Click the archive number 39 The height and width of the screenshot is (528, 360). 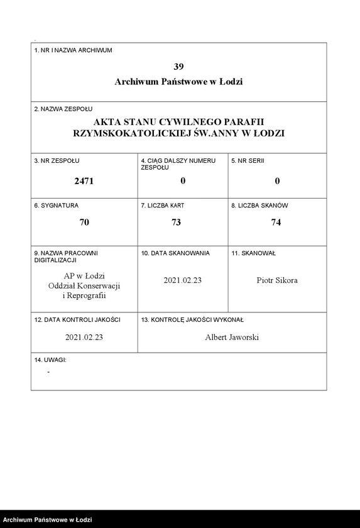coord(179,66)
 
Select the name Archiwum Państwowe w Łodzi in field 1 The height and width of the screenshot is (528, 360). coord(179,82)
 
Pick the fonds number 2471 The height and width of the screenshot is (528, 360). coord(84,181)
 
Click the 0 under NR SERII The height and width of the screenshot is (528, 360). coord(277,181)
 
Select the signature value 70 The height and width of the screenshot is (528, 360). coord(84,222)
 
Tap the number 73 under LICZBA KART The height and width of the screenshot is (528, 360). coord(182,222)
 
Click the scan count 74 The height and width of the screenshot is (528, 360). coord(277,222)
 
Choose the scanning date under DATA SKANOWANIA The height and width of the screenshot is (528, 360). coord(182,280)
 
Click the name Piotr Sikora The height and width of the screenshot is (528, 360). coord(277,280)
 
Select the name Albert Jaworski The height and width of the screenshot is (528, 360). coord(232,338)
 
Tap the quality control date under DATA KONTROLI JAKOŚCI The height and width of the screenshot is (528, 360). coord(84,338)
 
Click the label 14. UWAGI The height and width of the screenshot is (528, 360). coord(50,360)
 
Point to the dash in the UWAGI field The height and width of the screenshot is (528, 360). coord(48,372)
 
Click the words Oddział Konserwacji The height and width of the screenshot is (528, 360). coord(84,286)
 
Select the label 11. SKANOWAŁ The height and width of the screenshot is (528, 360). coord(253,253)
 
